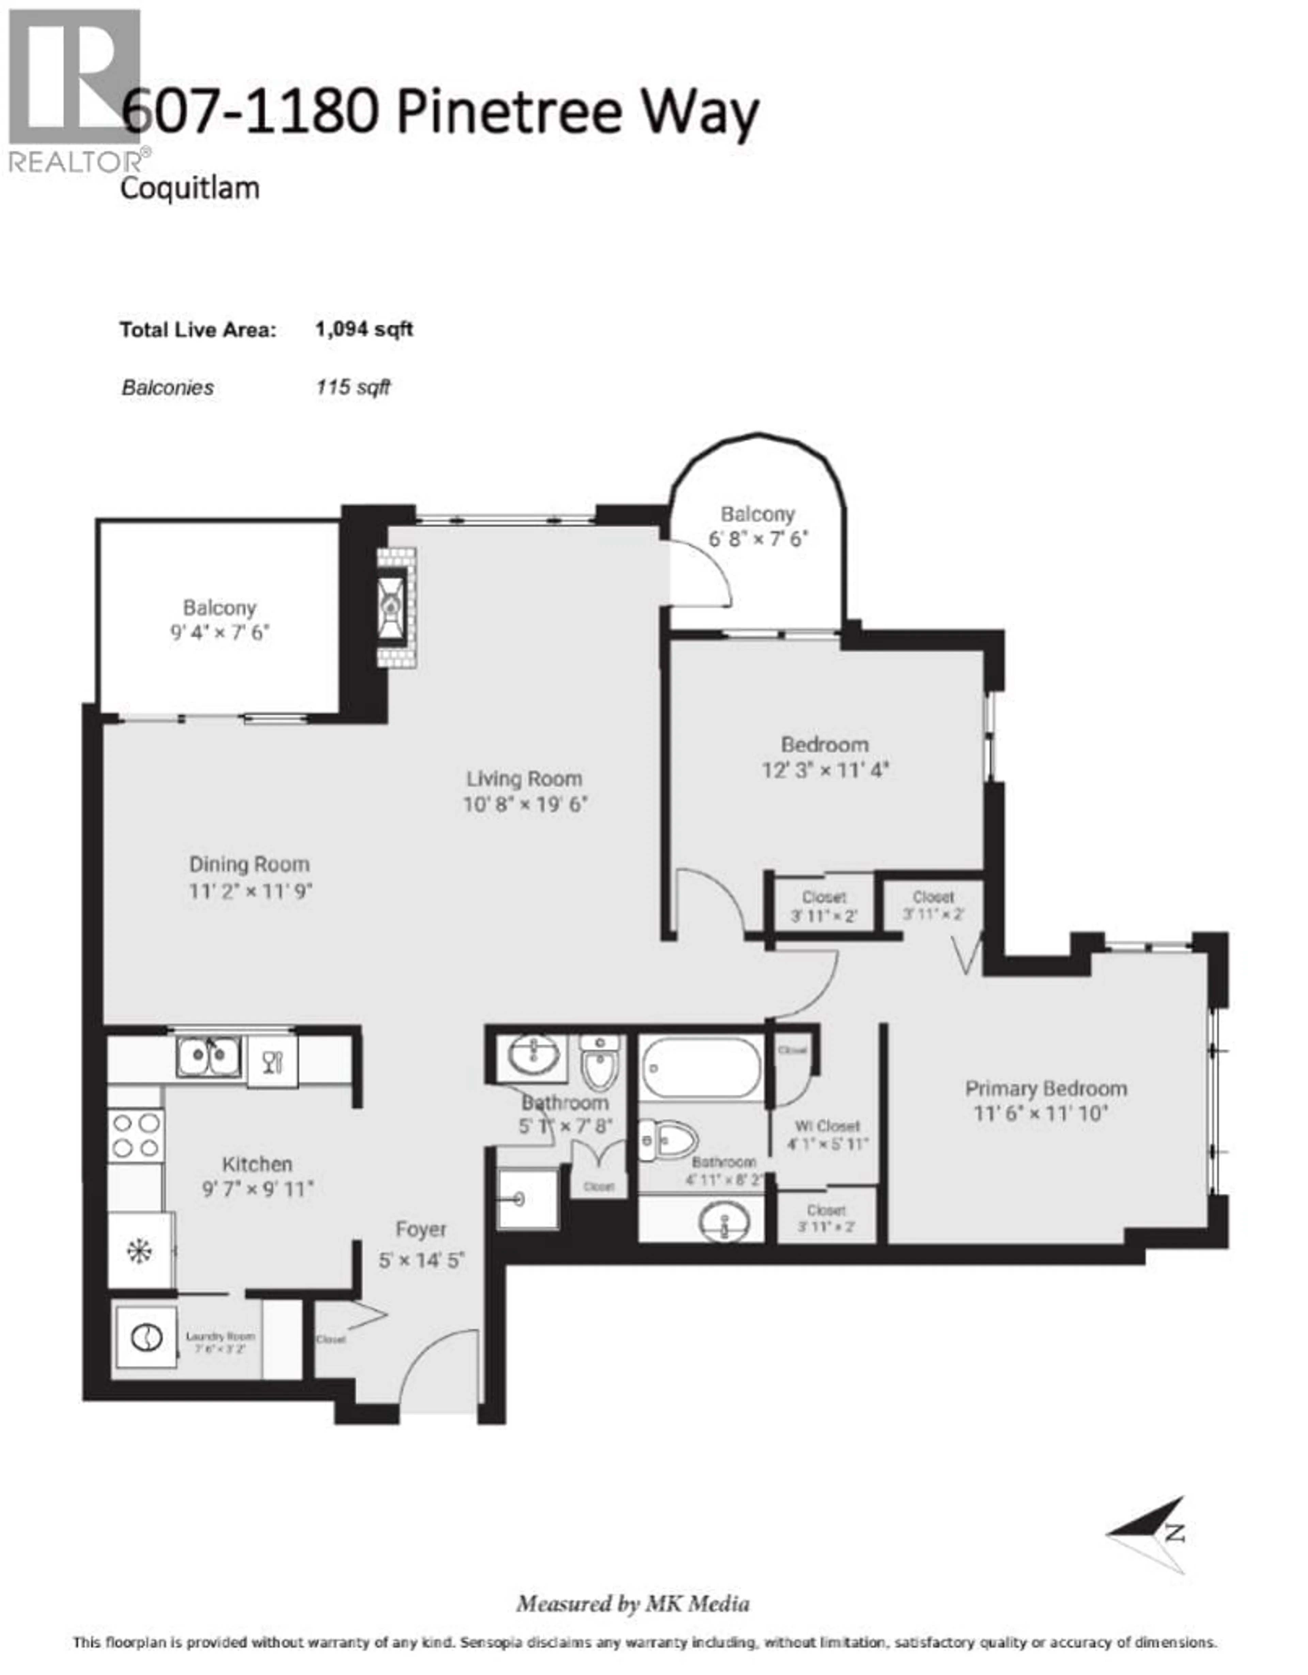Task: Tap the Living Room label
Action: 524,779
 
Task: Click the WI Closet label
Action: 827,1126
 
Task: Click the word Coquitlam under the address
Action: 189,188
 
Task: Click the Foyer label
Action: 420,1230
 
